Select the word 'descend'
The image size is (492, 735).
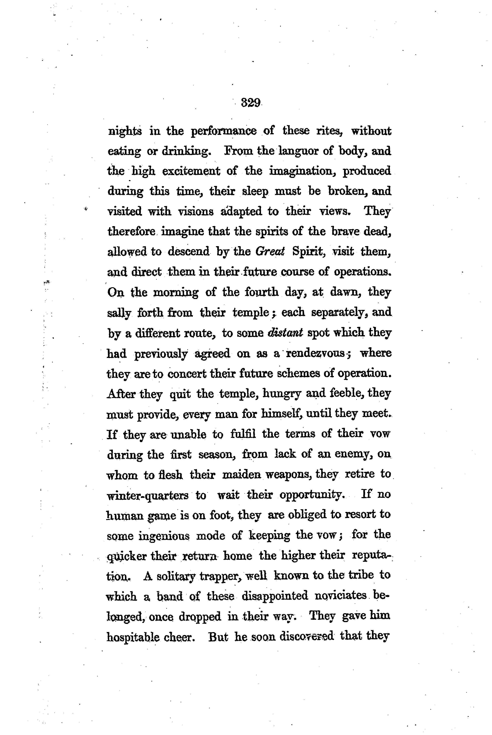(188, 251)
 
